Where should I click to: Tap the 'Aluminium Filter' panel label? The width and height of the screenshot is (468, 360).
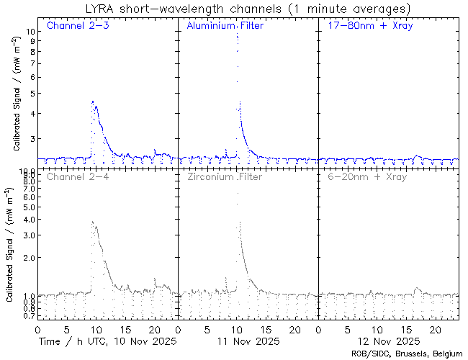[x=225, y=27]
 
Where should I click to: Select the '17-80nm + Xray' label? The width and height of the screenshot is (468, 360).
[x=366, y=27]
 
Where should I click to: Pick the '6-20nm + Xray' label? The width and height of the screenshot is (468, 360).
[x=367, y=176]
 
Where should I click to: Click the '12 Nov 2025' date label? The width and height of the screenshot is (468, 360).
[x=390, y=340]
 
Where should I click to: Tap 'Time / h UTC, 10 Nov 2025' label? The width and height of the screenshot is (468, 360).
[x=107, y=340]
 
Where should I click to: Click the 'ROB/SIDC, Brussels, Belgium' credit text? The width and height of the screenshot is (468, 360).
[x=408, y=354]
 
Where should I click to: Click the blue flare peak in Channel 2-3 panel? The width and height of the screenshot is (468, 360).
[x=93, y=102]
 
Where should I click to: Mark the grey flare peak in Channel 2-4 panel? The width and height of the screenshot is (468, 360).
[x=93, y=222]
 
